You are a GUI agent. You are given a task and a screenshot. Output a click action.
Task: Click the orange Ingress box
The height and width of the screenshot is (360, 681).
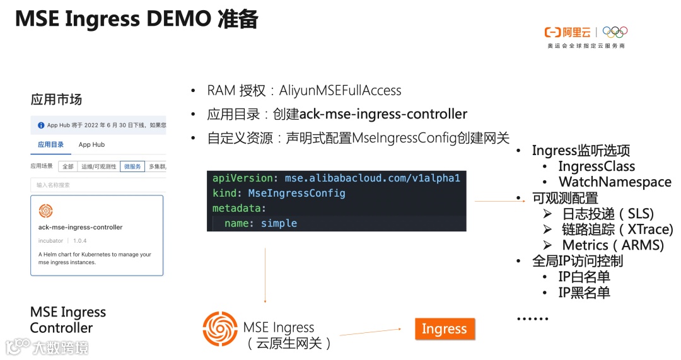tap(444, 329)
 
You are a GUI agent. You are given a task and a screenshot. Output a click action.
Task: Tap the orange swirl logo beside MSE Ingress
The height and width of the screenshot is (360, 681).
tap(220, 329)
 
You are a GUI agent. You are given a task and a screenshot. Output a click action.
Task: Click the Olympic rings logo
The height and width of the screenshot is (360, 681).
tap(615, 32)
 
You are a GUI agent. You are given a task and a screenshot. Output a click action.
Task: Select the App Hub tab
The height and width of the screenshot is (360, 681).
tap(91, 145)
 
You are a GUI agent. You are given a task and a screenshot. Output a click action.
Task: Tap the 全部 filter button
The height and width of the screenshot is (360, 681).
tap(67, 166)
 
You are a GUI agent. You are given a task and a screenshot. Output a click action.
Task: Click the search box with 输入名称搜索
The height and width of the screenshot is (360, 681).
tap(98, 185)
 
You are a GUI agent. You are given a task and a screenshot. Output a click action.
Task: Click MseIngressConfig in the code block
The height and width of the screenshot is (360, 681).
tap(296, 193)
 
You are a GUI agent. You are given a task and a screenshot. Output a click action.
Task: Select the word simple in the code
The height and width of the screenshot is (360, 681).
tap(279, 223)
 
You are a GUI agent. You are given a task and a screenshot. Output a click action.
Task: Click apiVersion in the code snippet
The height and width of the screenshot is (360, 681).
tap(242, 178)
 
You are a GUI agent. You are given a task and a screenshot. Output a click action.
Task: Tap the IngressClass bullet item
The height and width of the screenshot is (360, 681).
tap(596, 166)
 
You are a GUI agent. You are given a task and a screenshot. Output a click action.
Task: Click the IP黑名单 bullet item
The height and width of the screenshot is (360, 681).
tap(584, 293)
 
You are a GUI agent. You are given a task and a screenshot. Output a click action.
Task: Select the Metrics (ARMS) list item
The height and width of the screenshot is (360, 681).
tap(612, 245)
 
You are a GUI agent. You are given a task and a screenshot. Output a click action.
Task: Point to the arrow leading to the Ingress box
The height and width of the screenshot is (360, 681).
tap(371, 332)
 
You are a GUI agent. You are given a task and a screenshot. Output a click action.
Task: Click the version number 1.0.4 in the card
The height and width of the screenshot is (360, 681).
tap(79, 241)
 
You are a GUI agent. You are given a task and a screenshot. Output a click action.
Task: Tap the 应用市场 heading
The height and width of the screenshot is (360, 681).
tap(56, 100)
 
